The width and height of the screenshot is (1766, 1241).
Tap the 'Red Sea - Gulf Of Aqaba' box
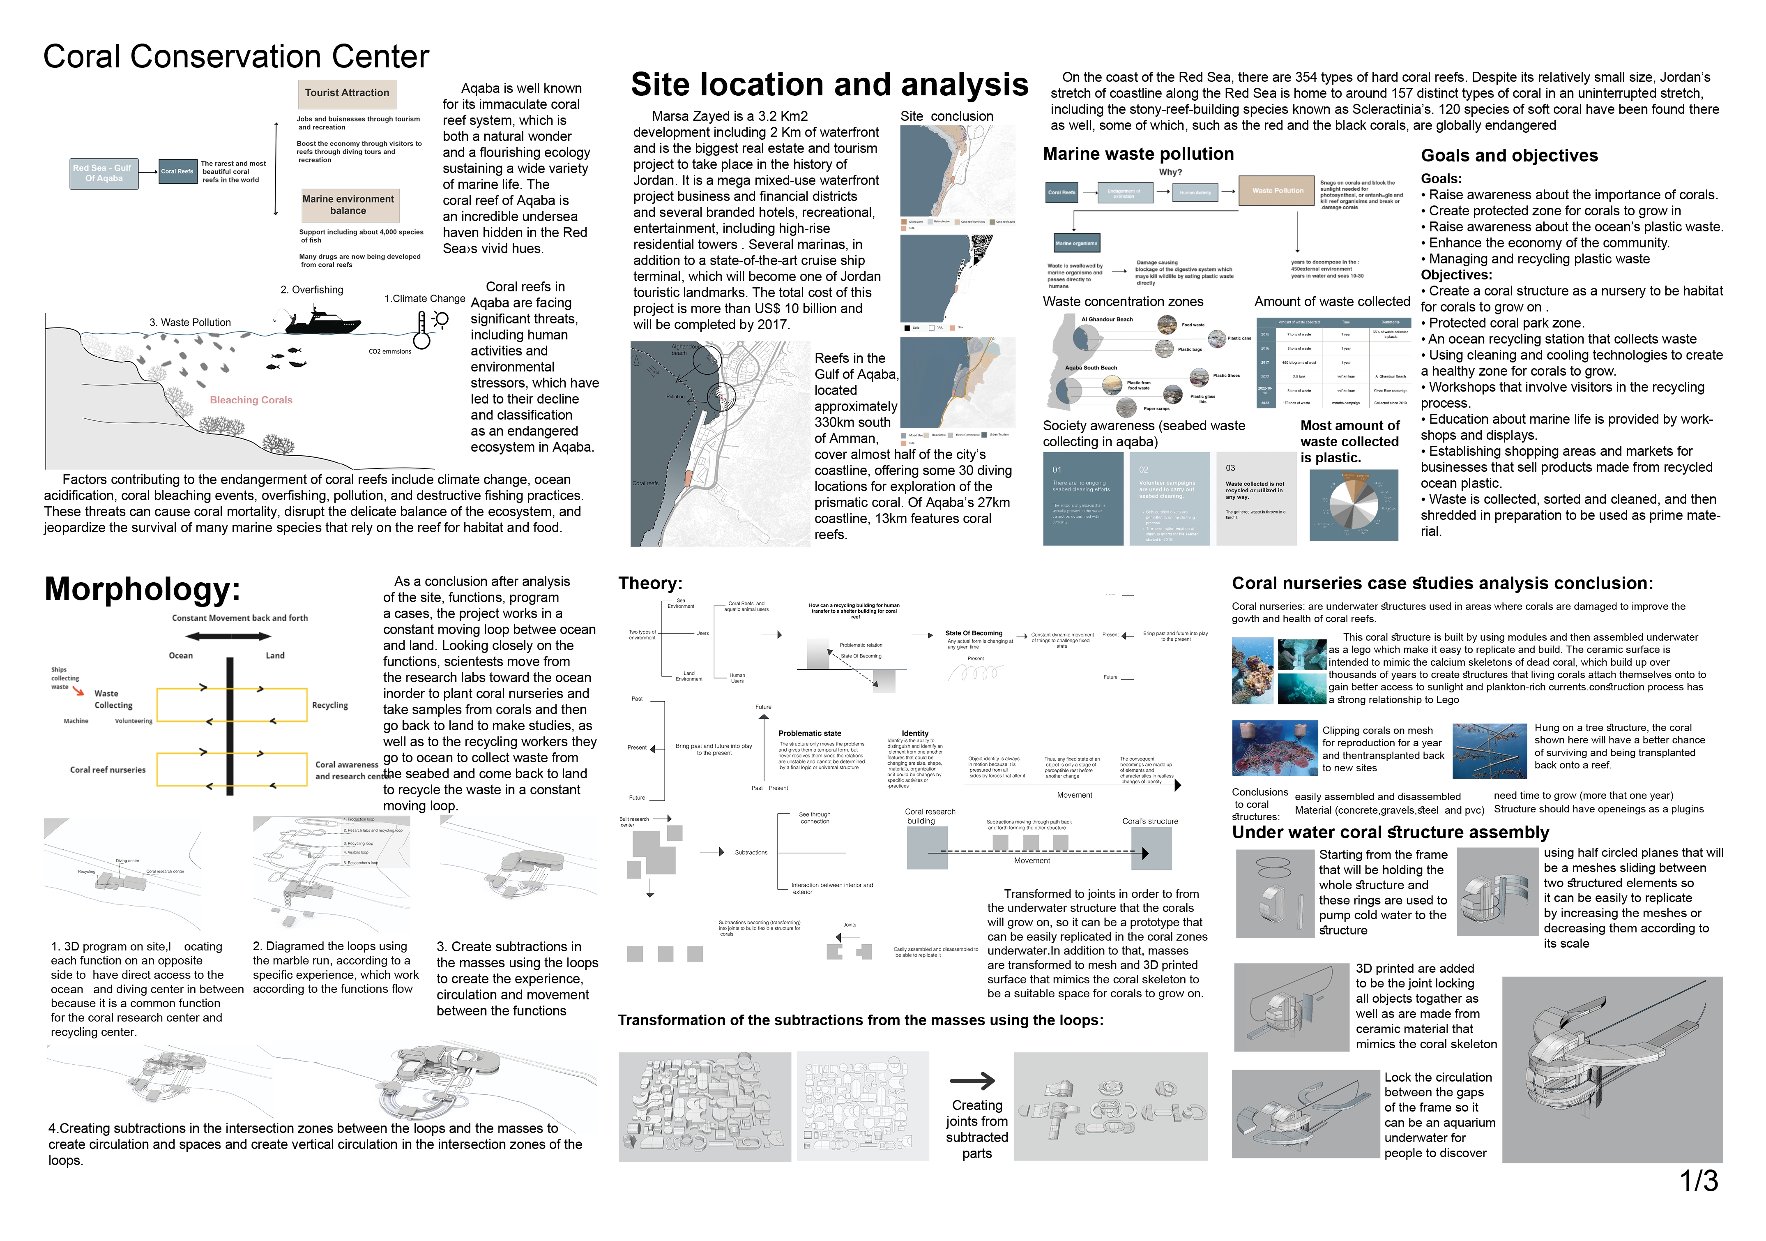pos(103,173)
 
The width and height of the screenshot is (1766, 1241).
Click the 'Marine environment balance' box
pos(348,205)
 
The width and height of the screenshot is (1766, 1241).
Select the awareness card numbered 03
pos(1256,498)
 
